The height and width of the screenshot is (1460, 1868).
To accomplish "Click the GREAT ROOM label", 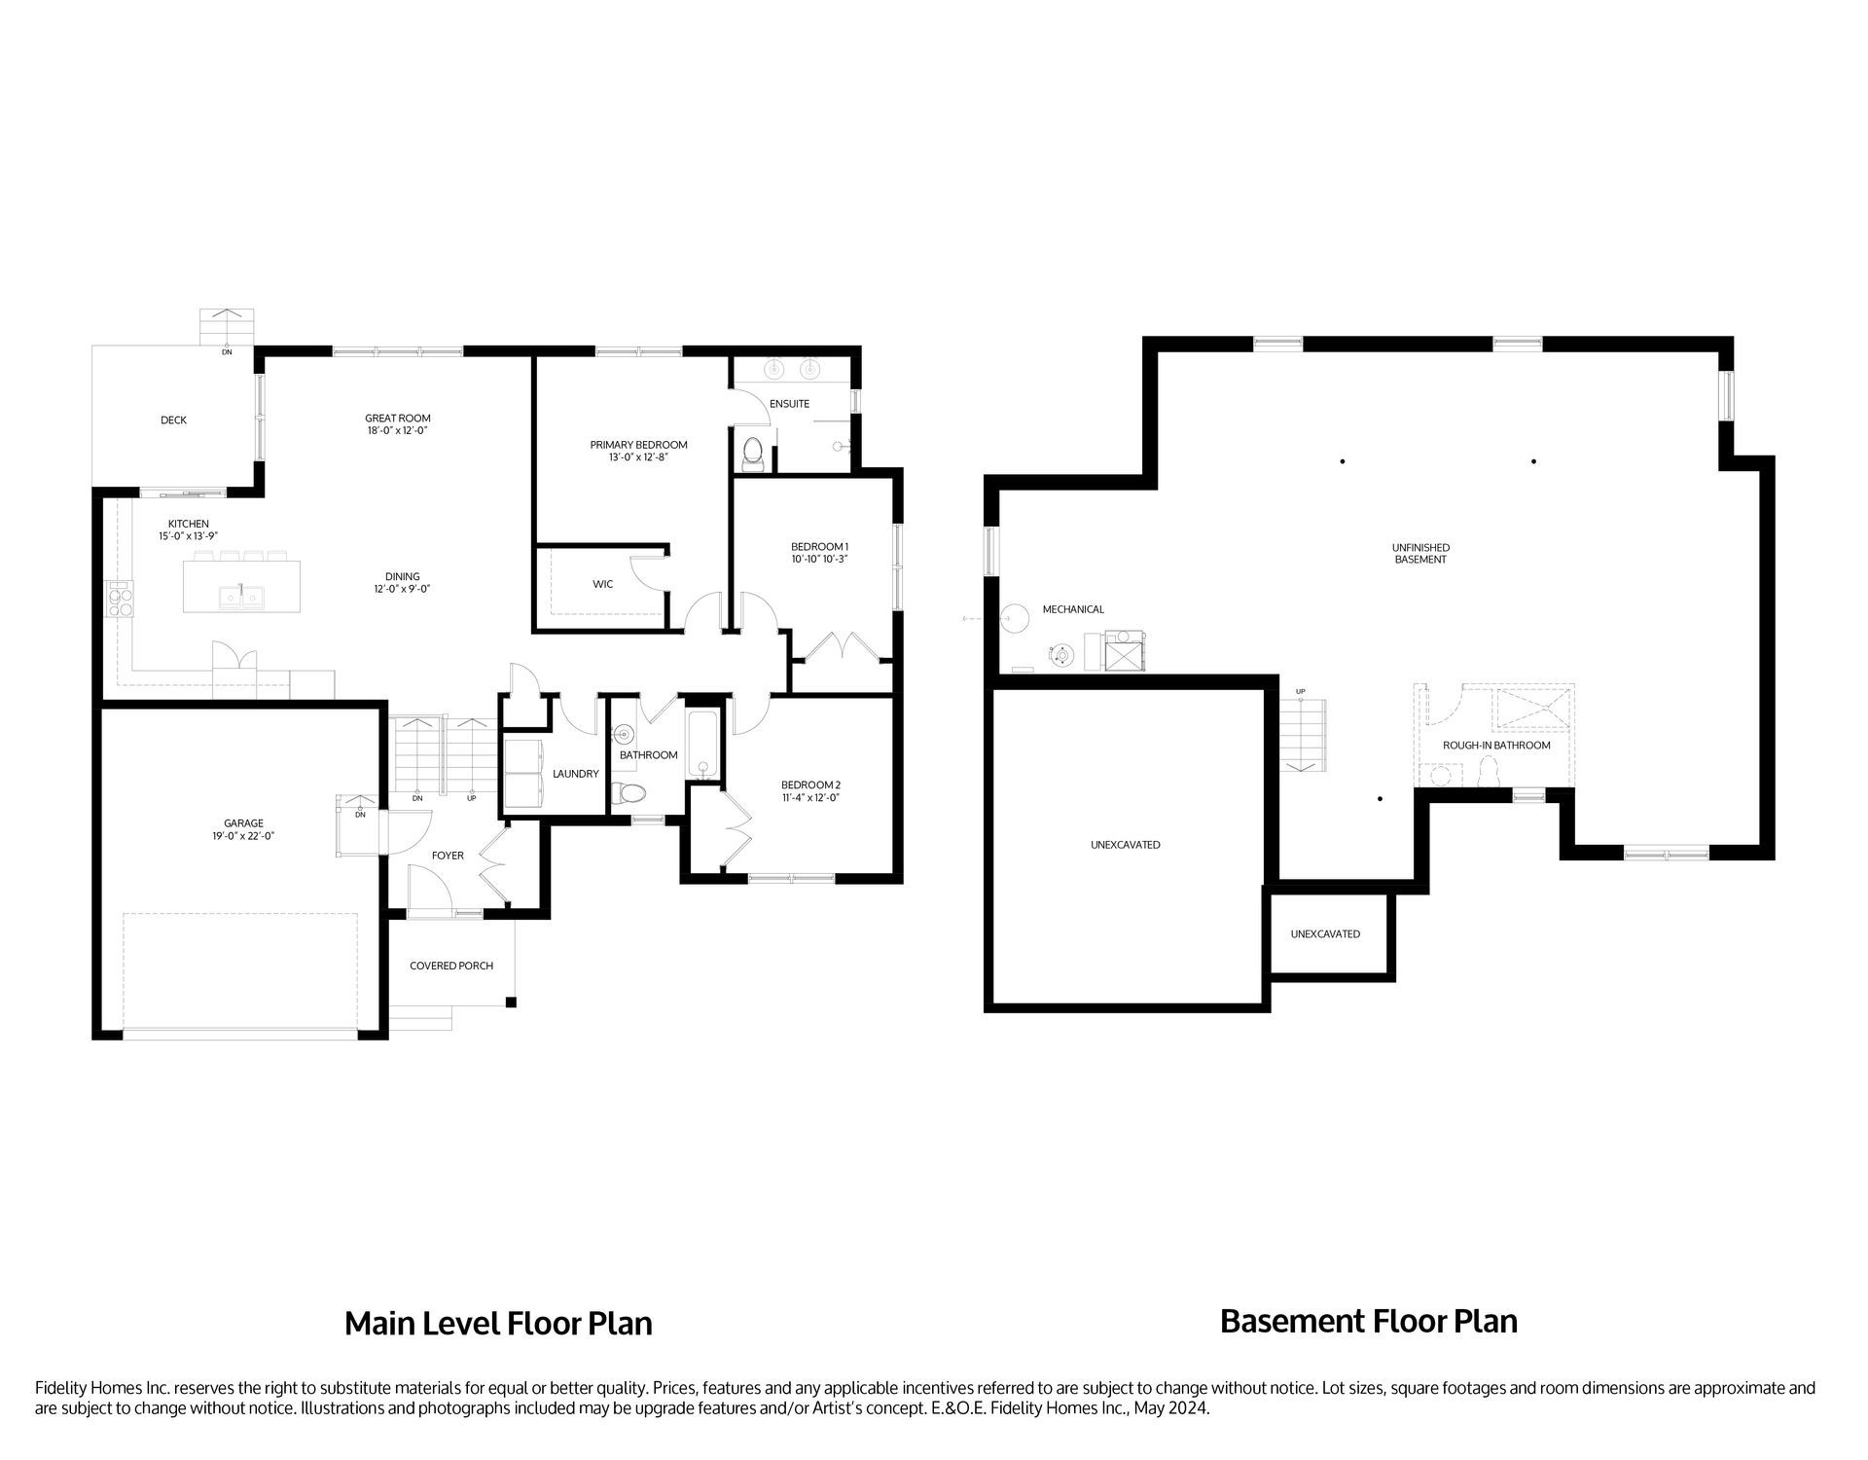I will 398,419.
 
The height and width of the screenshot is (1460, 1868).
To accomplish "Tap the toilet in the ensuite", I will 751,452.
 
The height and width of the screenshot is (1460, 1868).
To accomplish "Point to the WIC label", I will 603,584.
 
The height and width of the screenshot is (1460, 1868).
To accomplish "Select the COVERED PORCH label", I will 451,966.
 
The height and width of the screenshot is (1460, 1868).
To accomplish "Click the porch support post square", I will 511,1002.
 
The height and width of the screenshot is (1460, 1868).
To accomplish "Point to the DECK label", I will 174,420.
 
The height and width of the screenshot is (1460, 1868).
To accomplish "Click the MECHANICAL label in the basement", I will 1073,609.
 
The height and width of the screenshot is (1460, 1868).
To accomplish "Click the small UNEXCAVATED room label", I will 1325,934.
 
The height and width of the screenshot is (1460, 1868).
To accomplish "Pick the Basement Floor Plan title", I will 1368,1322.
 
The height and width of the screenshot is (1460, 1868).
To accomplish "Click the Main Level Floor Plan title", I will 498,1324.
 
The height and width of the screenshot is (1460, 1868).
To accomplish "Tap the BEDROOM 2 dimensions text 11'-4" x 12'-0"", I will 810,798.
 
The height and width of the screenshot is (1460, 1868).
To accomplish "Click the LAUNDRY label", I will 575,774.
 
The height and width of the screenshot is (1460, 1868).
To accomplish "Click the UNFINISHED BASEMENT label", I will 1420,554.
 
